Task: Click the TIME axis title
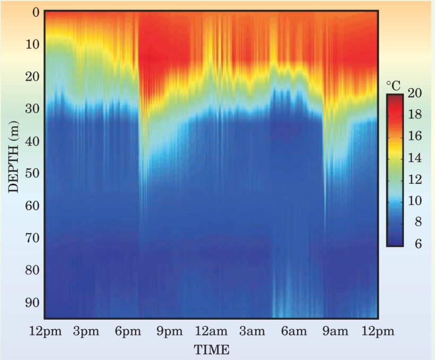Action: (212, 349)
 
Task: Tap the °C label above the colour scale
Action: (393, 85)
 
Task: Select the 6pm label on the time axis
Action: (128, 332)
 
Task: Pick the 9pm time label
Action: (169, 332)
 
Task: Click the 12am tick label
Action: (211, 332)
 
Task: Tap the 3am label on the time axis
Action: (253, 332)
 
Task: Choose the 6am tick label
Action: (294, 332)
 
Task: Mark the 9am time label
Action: (335, 332)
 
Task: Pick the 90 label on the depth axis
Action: (33, 302)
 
